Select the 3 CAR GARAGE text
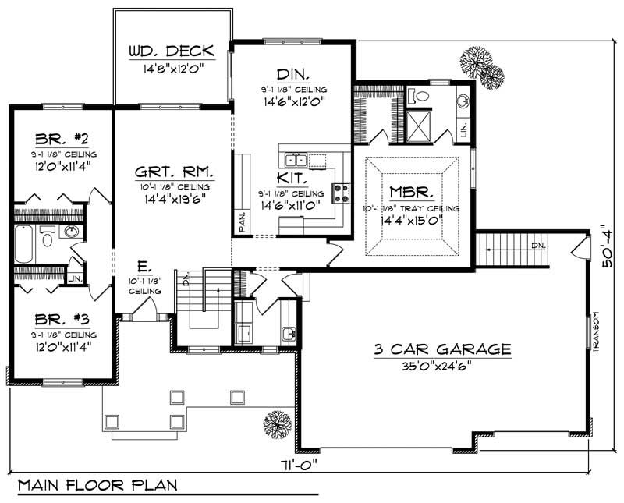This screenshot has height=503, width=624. [x=441, y=349]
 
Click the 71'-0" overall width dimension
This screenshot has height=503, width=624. [x=297, y=463]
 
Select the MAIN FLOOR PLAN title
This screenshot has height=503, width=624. [x=97, y=484]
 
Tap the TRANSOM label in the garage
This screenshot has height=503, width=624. [x=594, y=332]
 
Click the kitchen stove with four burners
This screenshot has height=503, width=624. [x=341, y=193]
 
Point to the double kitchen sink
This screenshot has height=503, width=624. [x=296, y=161]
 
